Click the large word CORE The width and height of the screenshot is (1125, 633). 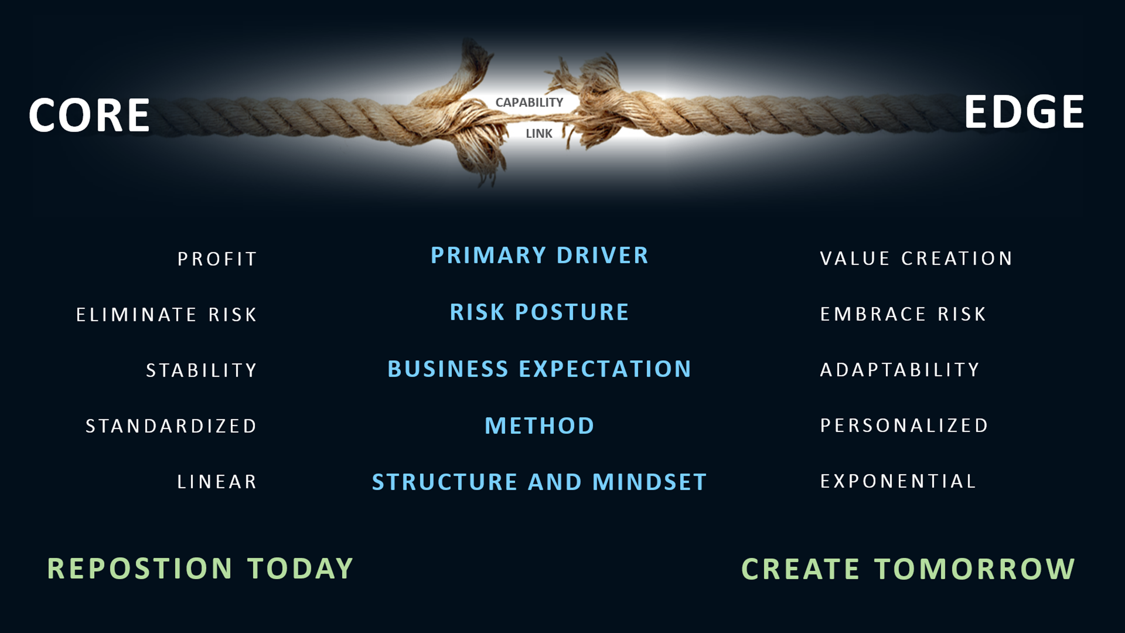click(90, 115)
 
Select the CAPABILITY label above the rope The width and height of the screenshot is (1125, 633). click(529, 102)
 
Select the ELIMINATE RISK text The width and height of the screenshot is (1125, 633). click(166, 315)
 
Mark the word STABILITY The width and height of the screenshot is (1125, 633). click(201, 370)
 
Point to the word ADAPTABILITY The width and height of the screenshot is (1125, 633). click(900, 369)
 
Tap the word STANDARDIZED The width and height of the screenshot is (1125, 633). click(171, 426)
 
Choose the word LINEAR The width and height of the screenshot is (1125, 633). click(217, 482)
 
